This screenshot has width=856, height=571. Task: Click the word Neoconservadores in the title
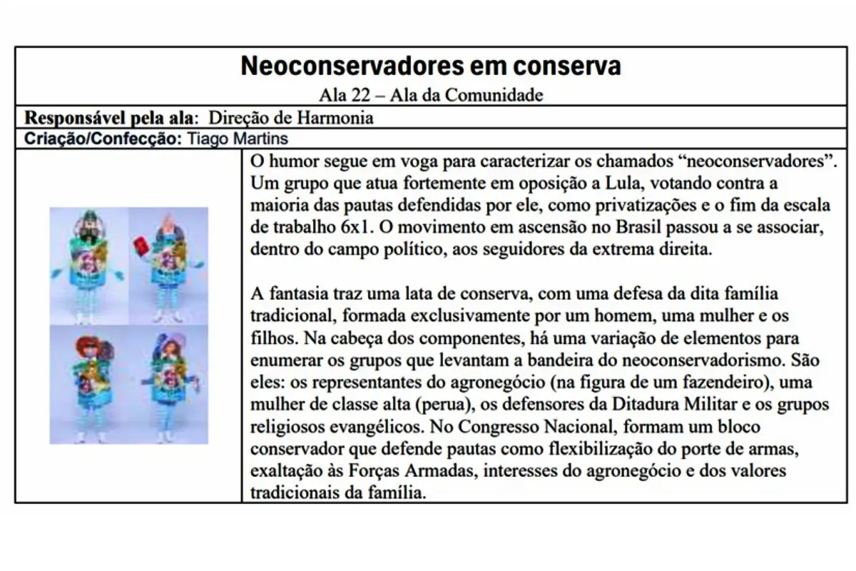point(346,66)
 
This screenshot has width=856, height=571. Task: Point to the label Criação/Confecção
point(103,138)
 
